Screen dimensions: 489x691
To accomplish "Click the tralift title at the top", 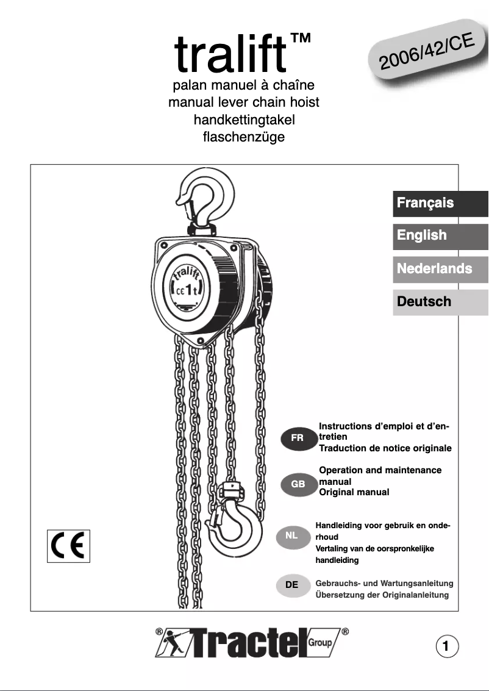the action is [x=230, y=54].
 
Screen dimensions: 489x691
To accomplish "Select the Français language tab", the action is [x=440, y=203].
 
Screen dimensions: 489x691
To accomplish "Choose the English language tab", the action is [x=440, y=235].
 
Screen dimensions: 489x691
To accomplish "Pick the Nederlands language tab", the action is [x=440, y=268].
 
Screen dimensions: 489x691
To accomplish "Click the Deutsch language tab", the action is [x=440, y=301].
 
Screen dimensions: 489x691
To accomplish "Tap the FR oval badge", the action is [x=298, y=439].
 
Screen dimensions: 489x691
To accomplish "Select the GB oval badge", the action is [x=298, y=484].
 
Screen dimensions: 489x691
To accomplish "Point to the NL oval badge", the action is [x=292, y=537].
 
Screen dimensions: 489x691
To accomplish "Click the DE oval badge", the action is [x=292, y=585].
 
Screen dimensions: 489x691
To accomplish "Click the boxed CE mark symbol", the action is [x=68, y=546].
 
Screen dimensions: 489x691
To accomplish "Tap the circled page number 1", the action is [x=447, y=646].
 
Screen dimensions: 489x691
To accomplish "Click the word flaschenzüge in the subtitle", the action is [x=243, y=137].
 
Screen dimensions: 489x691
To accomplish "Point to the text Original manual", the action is [x=354, y=492].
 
